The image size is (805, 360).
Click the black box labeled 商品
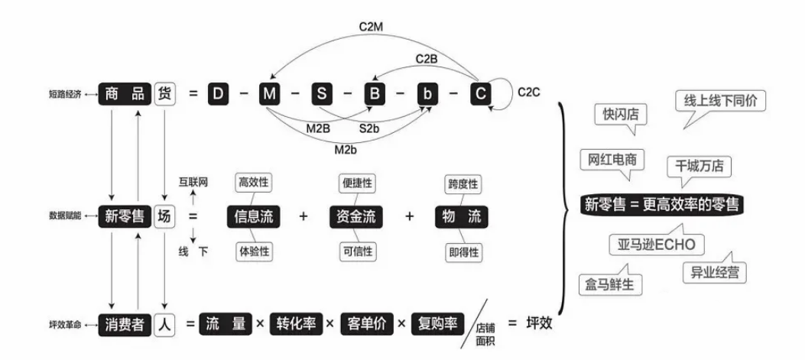(x=124, y=94)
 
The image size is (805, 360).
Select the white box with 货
(x=165, y=94)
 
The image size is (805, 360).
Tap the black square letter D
(x=219, y=94)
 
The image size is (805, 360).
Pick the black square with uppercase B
(x=375, y=94)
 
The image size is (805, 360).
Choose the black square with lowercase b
(x=427, y=94)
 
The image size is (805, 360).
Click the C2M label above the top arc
(x=375, y=26)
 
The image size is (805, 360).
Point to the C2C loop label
(x=528, y=93)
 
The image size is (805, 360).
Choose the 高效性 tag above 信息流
(x=255, y=183)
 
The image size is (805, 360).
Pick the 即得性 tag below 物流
(x=462, y=251)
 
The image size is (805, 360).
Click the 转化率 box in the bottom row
(x=295, y=323)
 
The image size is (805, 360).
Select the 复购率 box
(x=437, y=323)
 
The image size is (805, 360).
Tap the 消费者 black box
(x=124, y=323)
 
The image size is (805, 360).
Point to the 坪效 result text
(x=539, y=323)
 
